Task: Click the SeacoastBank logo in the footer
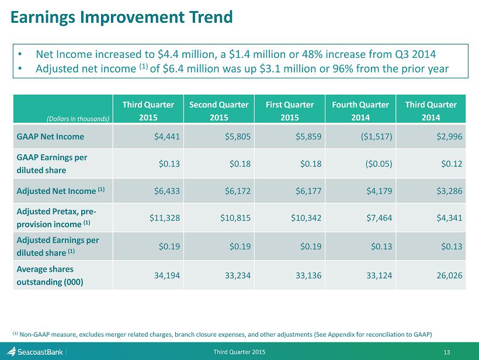36,352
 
